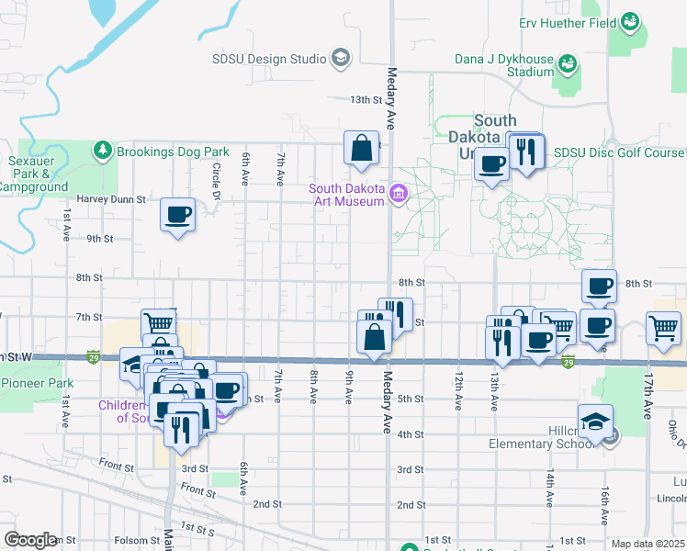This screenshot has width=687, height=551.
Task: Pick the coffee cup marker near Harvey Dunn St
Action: [x=177, y=216]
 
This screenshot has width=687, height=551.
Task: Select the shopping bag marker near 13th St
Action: [x=362, y=148]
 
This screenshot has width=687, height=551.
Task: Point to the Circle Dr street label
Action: [x=216, y=176]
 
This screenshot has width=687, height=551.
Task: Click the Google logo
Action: [x=31, y=540]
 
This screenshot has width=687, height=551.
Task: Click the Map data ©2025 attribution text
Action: [x=648, y=544]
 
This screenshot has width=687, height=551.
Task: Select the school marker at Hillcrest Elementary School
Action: [x=596, y=422]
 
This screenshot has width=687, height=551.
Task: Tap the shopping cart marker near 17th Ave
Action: [x=662, y=328]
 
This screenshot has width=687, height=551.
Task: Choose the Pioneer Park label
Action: [x=37, y=383]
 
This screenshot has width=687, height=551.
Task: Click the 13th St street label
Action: [x=365, y=99]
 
